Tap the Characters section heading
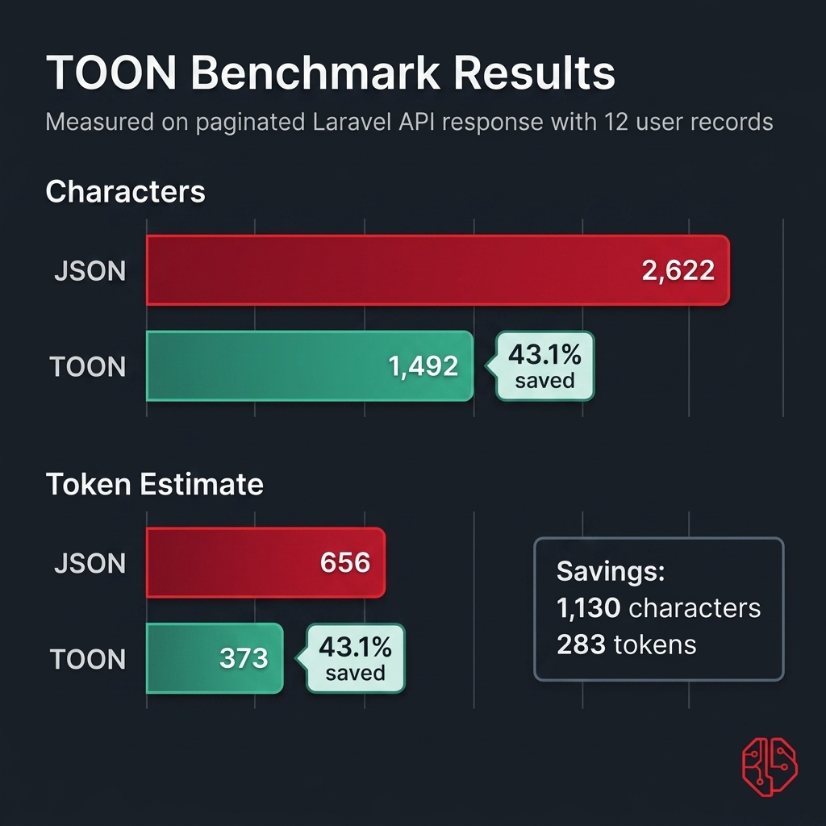(125, 192)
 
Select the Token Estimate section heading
(154, 484)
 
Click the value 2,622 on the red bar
(678, 270)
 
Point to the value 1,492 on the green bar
(423, 367)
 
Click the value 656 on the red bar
(344, 562)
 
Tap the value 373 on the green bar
(244, 658)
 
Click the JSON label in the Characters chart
(90, 271)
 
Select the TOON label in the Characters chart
(88, 368)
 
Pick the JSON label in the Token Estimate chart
(90, 563)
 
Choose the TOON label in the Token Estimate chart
(88, 660)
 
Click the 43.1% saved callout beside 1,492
(544, 366)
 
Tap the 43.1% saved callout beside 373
(356, 658)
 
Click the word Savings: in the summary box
(610, 572)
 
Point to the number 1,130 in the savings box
(588, 607)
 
